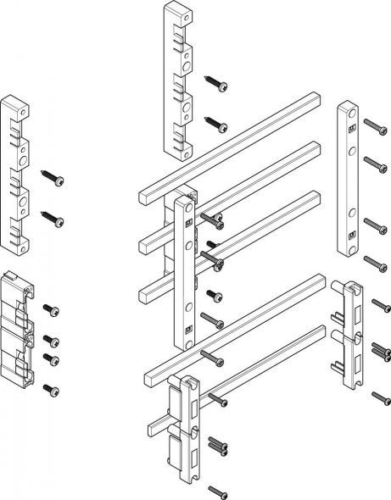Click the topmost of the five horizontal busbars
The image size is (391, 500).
pyautogui.click(x=229, y=149)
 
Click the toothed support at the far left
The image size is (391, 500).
pyautogui.click(x=16, y=175)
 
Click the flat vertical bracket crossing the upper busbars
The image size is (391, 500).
pyautogui.click(x=185, y=271)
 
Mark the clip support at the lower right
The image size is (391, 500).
pyautogui.click(x=349, y=335)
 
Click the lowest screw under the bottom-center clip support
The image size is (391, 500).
pyautogui.click(x=220, y=491)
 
